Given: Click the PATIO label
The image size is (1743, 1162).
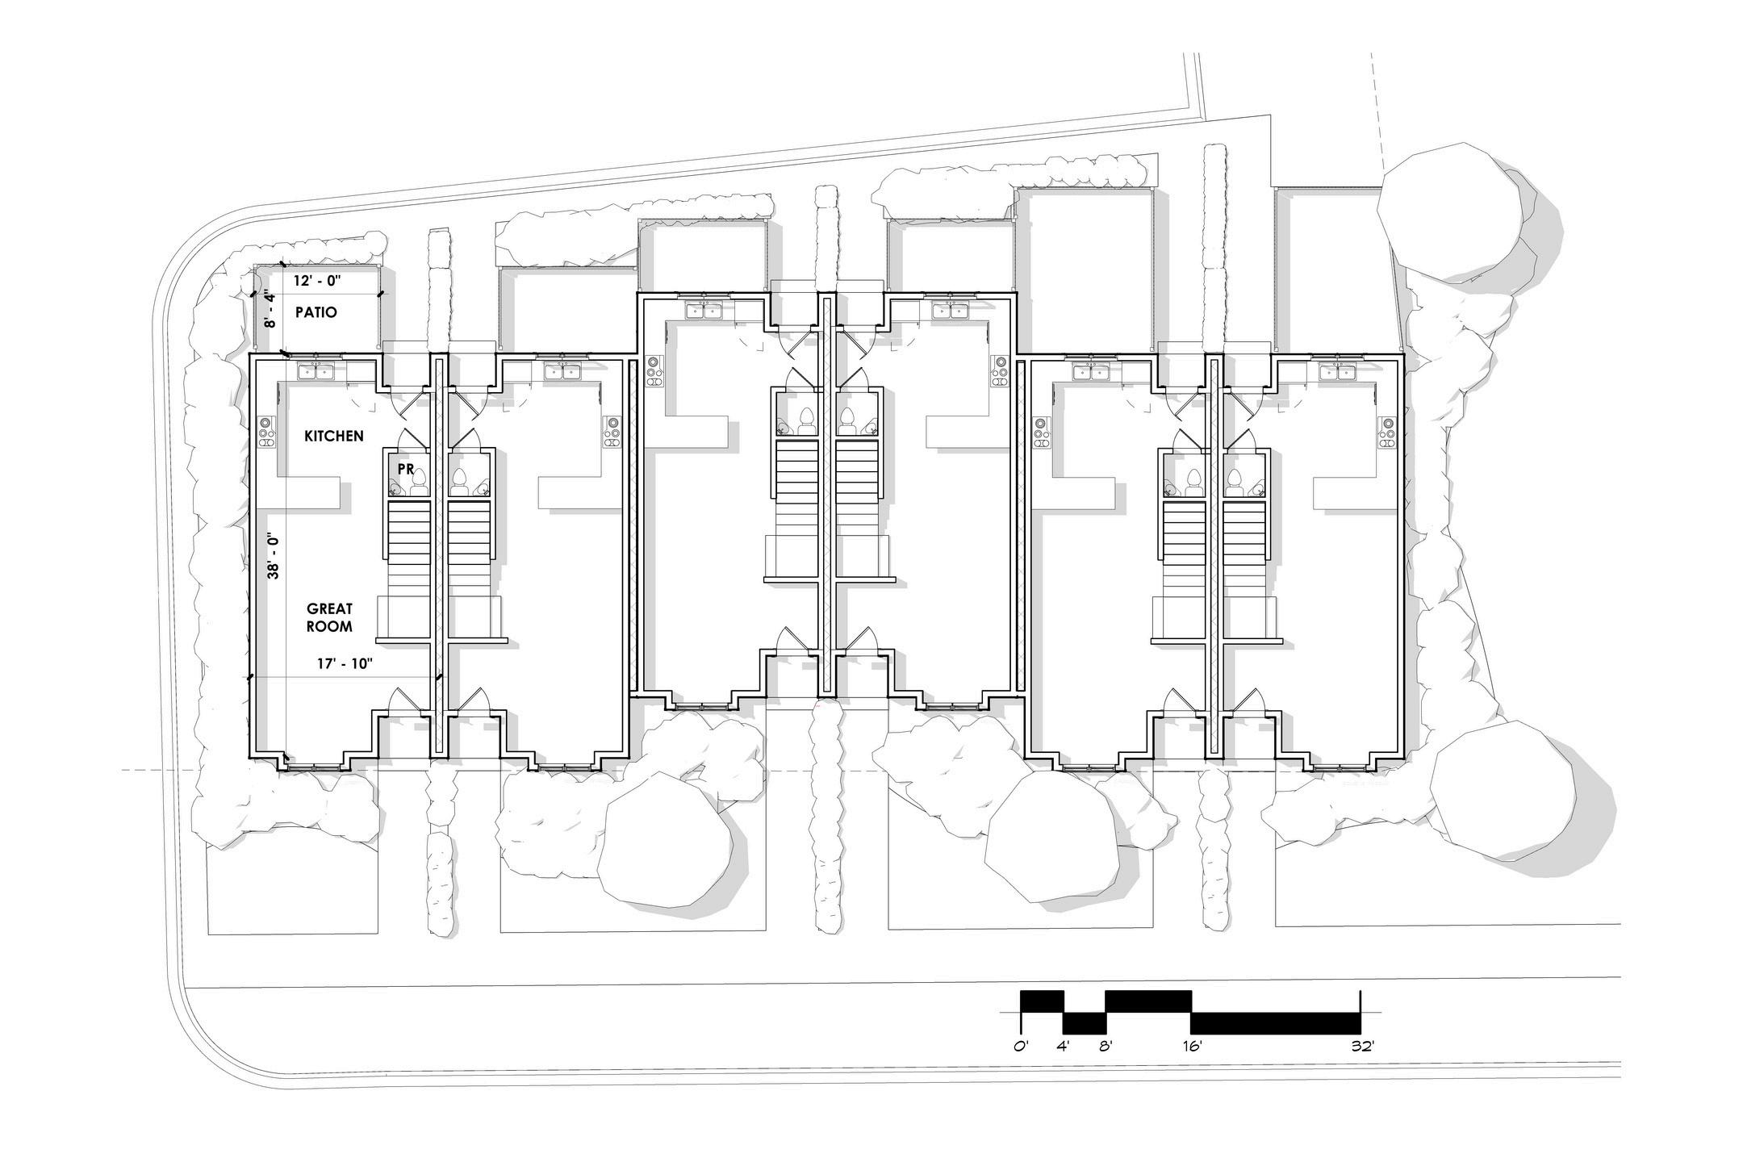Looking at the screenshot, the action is coord(316,312).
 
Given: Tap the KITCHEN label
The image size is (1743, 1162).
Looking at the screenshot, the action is coord(333,436).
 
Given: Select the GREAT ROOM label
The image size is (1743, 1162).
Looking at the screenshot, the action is coord(329,617).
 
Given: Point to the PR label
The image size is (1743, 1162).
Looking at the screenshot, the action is coord(405,468).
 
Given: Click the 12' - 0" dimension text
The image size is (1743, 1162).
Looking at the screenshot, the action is coord(318,282).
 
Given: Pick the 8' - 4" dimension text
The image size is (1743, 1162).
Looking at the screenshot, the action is coord(271,309).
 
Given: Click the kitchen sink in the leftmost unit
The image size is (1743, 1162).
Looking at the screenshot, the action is coord(316,371).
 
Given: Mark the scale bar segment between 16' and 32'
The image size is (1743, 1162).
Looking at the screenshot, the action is coord(1276,1023).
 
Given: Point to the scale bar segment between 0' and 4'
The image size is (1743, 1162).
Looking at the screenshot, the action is coord(1042,1001).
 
